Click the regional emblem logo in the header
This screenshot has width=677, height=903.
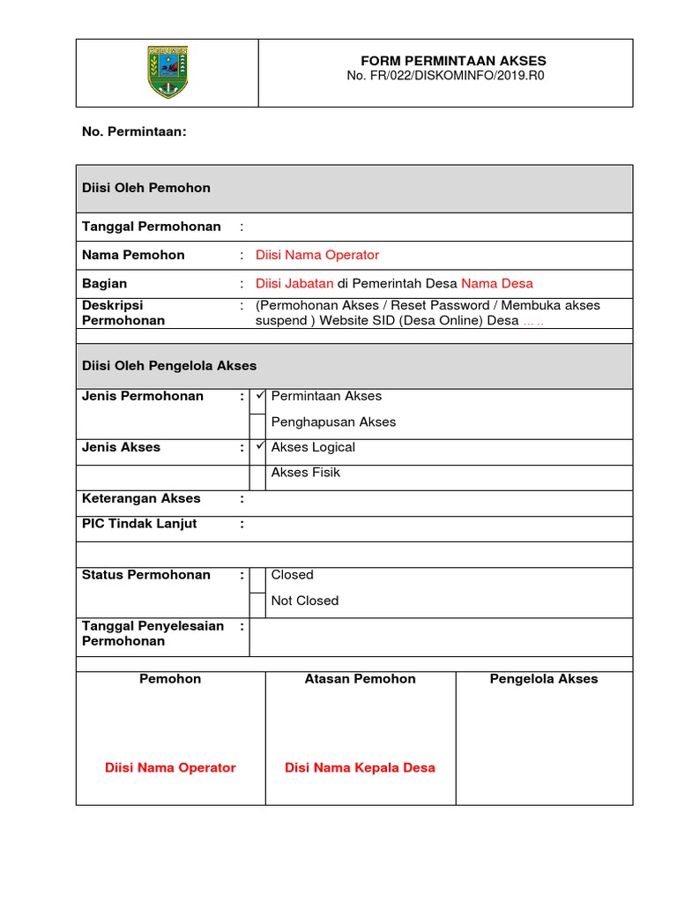pos(167,72)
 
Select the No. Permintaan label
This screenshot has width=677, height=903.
pos(134,131)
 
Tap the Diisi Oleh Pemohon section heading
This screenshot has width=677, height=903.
pos(146,188)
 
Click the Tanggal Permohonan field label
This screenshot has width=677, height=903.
pos(152,227)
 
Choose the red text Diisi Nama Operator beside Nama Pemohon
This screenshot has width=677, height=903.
pos(317,255)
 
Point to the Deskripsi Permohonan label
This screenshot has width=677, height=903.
pos(123,313)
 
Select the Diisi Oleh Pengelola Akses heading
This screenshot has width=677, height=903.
pos(169,365)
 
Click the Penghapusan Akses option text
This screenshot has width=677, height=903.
pos(333,422)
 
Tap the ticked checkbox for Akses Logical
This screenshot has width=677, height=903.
pos(258,448)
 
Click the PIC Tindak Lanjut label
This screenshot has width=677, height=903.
pos(139,524)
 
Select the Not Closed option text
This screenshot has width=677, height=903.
pos(305,601)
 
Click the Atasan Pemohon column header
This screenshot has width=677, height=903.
pos(360,679)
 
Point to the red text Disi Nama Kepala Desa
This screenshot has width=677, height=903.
pos(360,768)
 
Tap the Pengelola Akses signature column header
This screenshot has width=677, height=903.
pos(544,679)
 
